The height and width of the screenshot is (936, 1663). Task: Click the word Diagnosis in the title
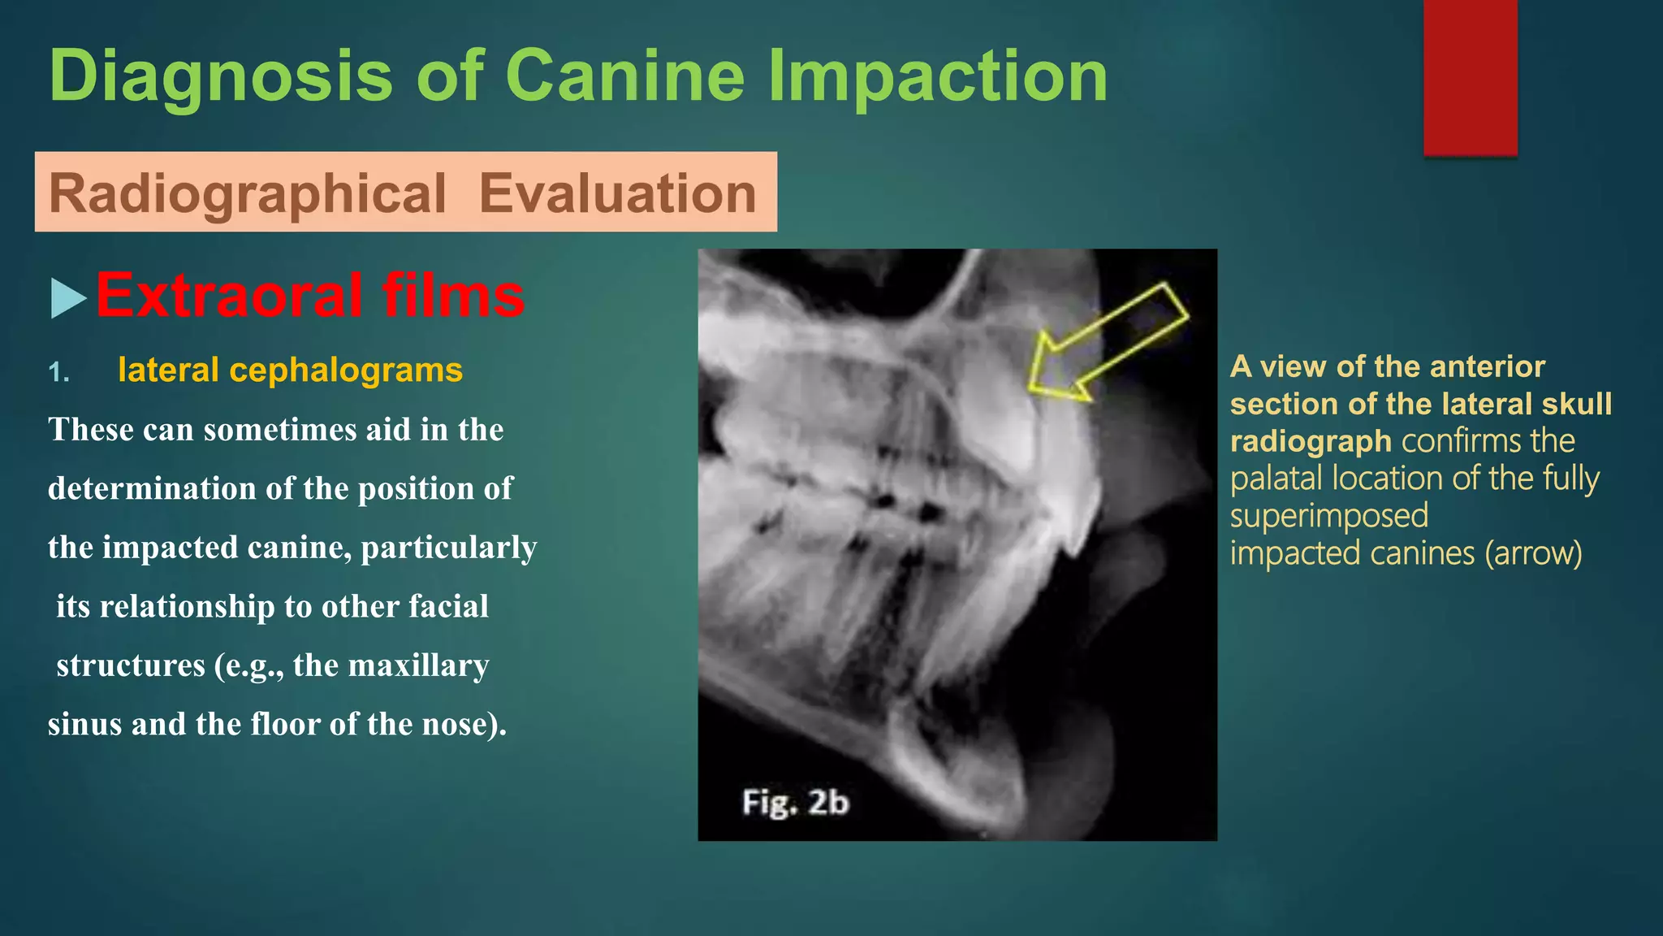tap(221, 76)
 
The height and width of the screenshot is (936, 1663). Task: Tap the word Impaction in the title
tap(938, 76)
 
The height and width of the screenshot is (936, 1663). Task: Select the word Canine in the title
tap(624, 76)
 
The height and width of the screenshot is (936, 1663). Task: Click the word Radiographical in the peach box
tap(248, 193)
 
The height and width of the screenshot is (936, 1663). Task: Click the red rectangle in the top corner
tap(1470, 77)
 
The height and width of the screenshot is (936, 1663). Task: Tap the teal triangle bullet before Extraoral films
tap(67, 297)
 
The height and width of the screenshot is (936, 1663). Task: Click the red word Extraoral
tap(230, 295)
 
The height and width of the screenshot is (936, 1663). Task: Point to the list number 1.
tap(58, 372)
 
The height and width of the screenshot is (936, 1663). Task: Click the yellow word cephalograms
tap(346, 370)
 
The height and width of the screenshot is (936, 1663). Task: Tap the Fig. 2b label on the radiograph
tap(795, 803)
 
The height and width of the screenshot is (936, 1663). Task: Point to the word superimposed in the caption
tap(1328, 516)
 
